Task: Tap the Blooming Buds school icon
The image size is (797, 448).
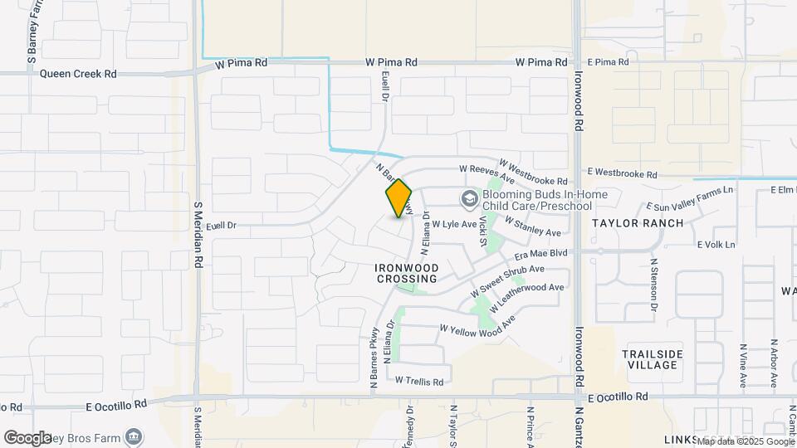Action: (469, 198)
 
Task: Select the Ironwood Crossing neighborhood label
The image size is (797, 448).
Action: (407, 274)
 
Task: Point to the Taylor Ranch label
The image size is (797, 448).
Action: (638, 223)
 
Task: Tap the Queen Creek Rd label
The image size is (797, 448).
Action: (78, 74)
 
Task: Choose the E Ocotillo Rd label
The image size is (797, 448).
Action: (117, 405)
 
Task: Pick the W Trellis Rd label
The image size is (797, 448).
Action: (418, 382)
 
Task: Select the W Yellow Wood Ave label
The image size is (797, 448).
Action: (477, 325)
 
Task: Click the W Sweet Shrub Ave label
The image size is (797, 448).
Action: (506, 281)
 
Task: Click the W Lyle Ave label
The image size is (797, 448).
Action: (453, 224)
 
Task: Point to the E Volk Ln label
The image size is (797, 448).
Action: (716, 245)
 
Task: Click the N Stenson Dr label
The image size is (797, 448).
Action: (654, 285)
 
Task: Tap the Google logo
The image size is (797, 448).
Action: (27, 437)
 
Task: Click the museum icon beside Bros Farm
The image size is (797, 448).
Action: (133, 436)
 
